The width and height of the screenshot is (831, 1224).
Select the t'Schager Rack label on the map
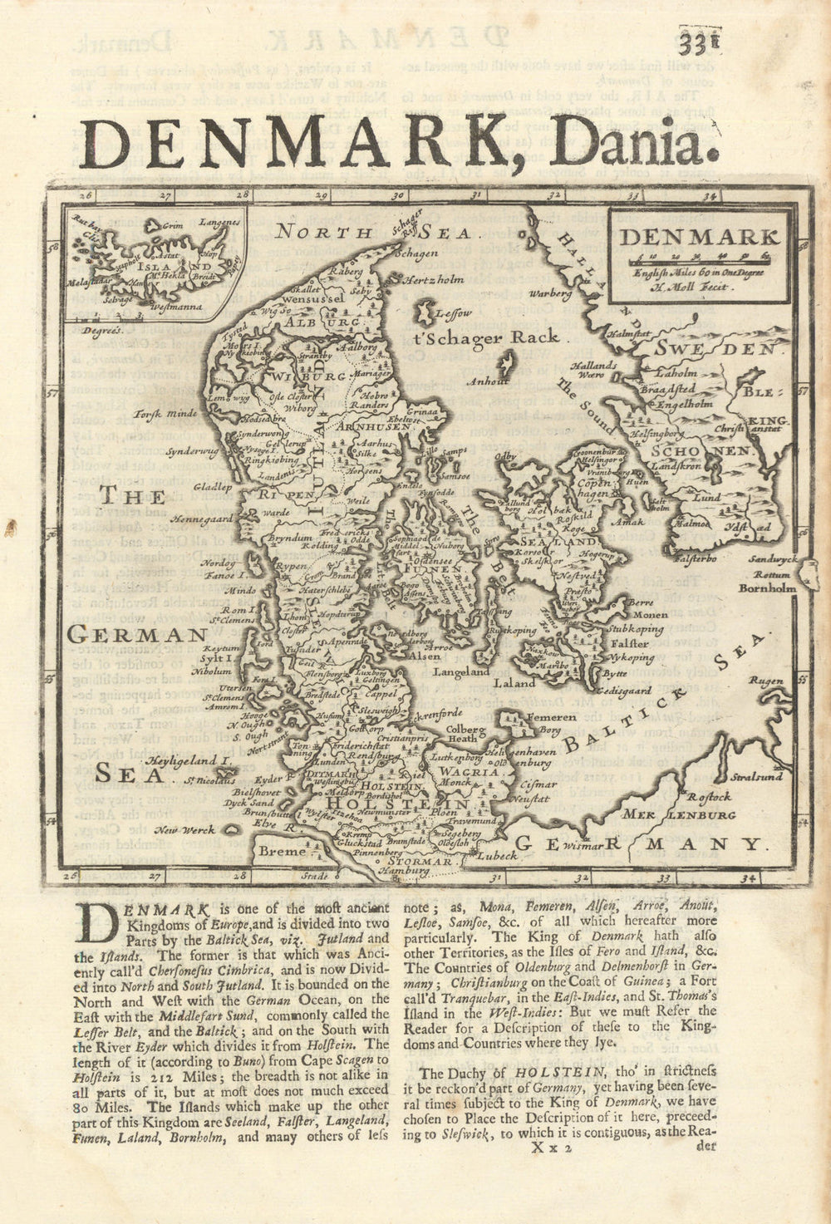(x=486, y=337)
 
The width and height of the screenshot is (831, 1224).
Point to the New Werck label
(x=187, y=829)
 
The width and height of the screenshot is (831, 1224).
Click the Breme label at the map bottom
(x=277, y=851)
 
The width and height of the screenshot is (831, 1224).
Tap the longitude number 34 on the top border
(x=708, y=197)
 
